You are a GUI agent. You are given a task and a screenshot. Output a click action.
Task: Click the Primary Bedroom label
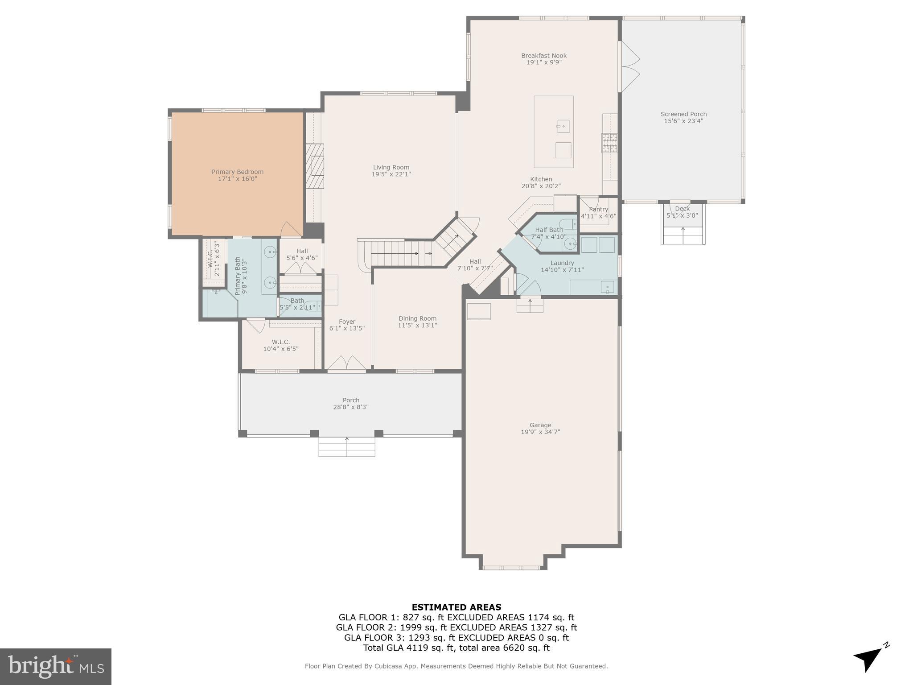[x=237, y=172]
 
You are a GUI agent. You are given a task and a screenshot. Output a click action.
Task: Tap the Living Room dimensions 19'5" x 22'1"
[x=391, y=174]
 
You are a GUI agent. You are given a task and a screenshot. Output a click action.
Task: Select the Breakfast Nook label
[x=544, y=56]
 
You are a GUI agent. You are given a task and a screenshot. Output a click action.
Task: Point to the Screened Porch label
[x=683, y=114]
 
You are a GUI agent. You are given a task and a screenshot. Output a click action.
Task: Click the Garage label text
[x=540, y=425]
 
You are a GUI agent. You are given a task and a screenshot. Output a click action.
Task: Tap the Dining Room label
[x=417, y=318]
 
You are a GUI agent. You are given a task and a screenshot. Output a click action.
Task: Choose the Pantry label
[x=598, y=209]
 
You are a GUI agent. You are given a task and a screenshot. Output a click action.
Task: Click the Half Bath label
[x=549, y=230]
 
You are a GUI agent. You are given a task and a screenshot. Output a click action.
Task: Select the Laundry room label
[x=562, y=263]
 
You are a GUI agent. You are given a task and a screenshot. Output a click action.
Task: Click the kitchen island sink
[x=563, y=126]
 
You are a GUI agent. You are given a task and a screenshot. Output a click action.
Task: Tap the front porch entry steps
[x=347, y=447]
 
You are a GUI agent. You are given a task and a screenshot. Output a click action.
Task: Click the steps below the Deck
[x=683, y=235]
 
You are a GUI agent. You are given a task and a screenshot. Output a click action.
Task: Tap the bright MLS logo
[x=56, y=666]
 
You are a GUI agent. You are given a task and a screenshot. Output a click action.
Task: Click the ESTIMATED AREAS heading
[x=456, y=607]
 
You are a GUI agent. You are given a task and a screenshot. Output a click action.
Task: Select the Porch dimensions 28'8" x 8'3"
[x=351, y=407]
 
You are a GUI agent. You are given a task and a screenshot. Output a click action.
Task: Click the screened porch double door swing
[x=630, y=67]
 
